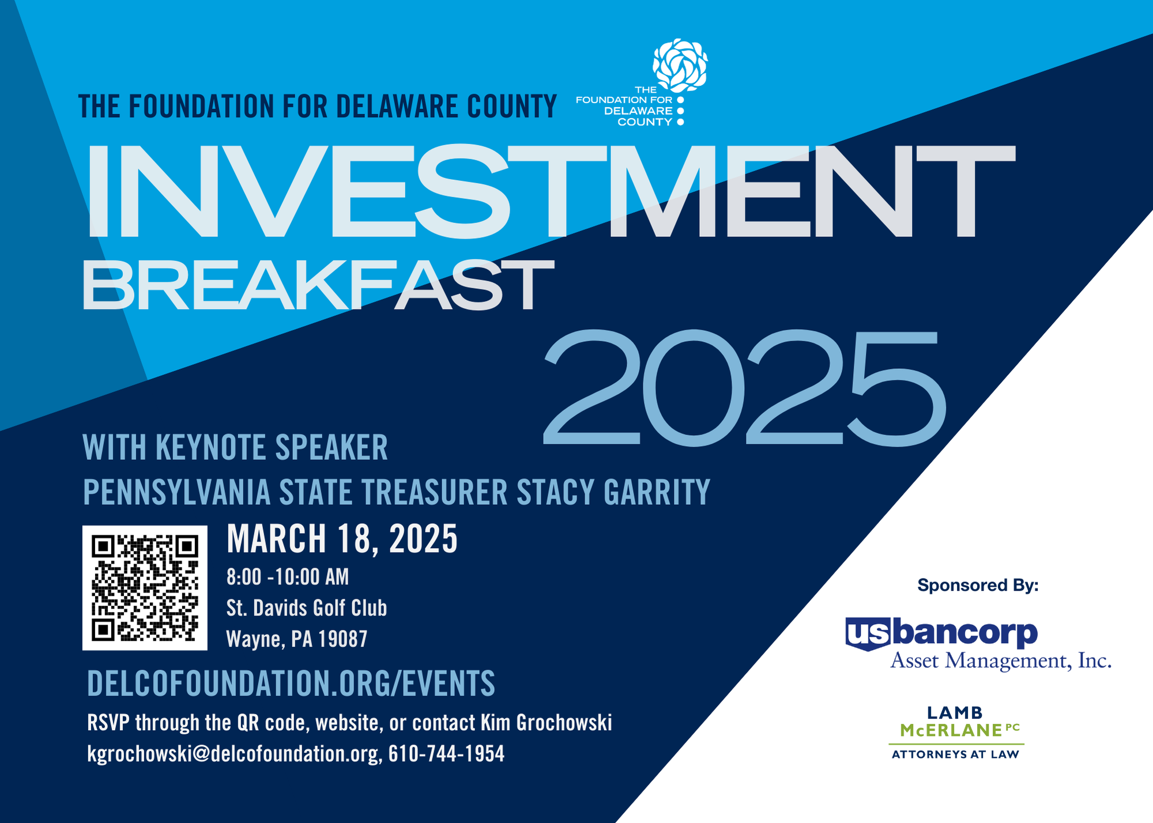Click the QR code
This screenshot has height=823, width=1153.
tap(145, 588)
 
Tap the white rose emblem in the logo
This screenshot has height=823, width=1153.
tap(680, 65)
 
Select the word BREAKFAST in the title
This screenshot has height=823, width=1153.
tap(318, 285)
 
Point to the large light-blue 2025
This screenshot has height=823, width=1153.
tap(744, 387)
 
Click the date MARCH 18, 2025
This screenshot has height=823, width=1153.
tap(342, 539)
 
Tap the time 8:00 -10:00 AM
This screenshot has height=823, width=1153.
tap(288, 577)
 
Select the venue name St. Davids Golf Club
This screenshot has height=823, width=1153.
tap(307, 608)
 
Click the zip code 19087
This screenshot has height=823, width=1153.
tap(343, 639)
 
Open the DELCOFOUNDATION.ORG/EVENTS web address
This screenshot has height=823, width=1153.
tap(291, 683)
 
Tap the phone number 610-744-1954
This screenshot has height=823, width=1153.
tap(446, 754)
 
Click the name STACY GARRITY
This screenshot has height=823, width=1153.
tap(613, 492)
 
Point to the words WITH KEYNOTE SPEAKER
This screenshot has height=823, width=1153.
tap(235, 447)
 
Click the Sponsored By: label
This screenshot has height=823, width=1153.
tap(978, 586)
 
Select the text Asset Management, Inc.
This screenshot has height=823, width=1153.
tap(1001, 660)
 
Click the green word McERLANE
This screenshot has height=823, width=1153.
tap(952, 730)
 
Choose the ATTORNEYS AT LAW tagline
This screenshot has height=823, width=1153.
tap(955, 754)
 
